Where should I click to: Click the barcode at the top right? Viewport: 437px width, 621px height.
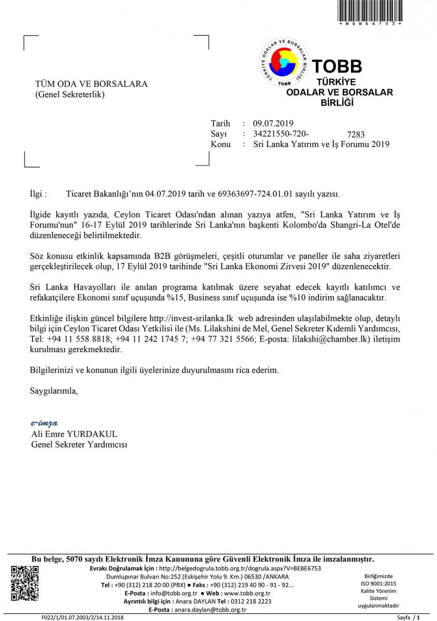tap(370, 10)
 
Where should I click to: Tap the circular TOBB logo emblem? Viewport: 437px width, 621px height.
tap(284, 62)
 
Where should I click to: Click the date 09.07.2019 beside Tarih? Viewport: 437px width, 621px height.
tap(273, 123)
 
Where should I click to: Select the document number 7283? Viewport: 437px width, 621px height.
tap(356, 135)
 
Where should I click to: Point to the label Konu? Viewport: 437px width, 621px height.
tap(221, 144)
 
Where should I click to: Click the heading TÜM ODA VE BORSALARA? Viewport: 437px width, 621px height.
tap(91, 84)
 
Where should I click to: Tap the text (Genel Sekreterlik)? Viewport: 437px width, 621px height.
tap(69, 94)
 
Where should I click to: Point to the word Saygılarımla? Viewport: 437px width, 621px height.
tap(54, 391)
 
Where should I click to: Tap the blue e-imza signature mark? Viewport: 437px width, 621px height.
tap(45, 423)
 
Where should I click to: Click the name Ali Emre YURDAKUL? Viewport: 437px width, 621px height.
tap(75, 434)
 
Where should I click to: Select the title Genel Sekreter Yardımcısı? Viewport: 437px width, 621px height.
tap(79, 445)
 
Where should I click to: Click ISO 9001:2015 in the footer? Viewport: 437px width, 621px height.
tap(378, 583)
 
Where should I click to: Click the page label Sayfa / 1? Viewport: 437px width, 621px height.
tap(409, 617)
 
